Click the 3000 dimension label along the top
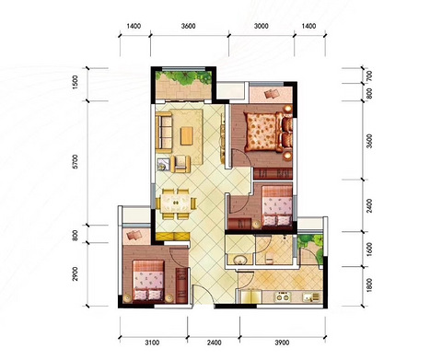262,26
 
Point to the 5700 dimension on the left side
76,162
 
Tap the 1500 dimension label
76,82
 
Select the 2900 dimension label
76,273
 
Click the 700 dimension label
369,75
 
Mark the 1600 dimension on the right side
369,250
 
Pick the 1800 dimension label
369,285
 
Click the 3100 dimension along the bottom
152,343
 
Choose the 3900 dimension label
282,343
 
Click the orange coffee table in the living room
187,135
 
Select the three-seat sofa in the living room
164,132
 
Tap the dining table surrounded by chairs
176,203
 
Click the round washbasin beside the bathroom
240,261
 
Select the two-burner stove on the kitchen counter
283,297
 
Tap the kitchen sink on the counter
310,297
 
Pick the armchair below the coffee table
180,164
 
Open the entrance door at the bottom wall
204,296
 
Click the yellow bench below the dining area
172,237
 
